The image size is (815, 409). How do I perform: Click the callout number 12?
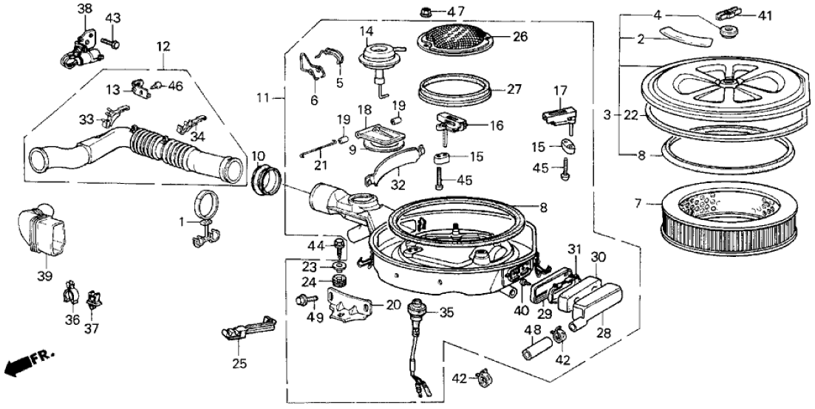pyautogui.click(x=163, y=47)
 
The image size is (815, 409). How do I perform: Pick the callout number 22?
pyautogui.click(x=630, y=114)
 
